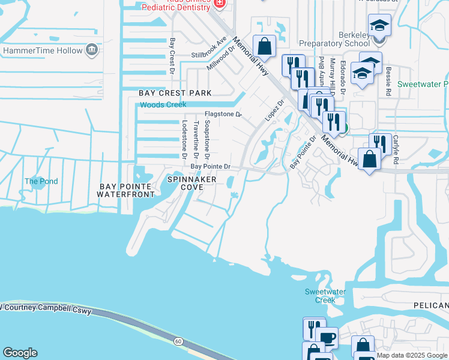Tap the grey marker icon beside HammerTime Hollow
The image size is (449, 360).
[92, 49]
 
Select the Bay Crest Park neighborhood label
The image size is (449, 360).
[175, 93]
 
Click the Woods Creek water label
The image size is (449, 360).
[163, 105]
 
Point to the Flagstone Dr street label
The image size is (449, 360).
[223, 113]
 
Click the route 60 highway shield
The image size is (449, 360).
[178, 341]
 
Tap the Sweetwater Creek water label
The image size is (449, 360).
[325, 296]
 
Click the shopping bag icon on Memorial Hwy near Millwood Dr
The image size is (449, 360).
[264, 46]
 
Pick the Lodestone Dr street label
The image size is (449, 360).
[184, 138]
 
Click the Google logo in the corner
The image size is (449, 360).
[20, 353]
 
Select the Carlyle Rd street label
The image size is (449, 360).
[396, 149]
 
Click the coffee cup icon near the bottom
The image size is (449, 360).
[328, 338]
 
